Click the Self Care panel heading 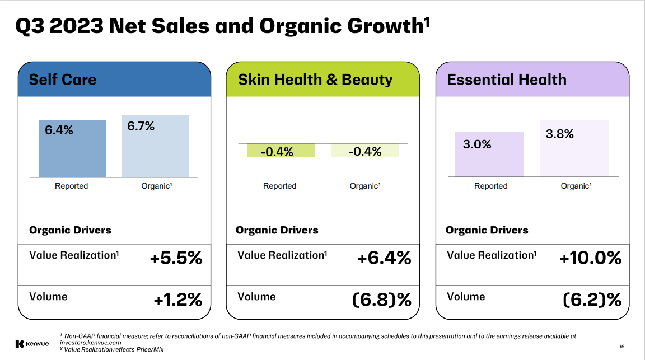pyautogui.click(x=63, y=80)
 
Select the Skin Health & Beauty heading pyautogui.click(x=315, y=80)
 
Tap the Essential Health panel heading pyautogui.click(x=507, y=80)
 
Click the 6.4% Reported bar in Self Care pyautogui.click(x=72, y=148)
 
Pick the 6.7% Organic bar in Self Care pyautogui.click(x=156, y=146)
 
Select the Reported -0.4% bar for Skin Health pyautogui.click(x=281, y=150)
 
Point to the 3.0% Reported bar pyautogui.click(x=489, y=155)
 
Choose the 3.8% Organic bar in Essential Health pyautogui.click(x=574, y=148)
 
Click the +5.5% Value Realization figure pyautogui.click(x=176, y=258)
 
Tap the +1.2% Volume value pyautogui.click(x=177, y=300)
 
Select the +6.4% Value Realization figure pyautogui.click(x=384, y=258)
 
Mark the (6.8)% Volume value pyautogui.click(x=382, y=300)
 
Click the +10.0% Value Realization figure pyautogui.click(x=591, y=258)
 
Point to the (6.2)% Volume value pyautogui.click(x=592, y=300)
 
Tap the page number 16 pyautogui.click(x=622, y=345)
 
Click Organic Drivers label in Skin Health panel pyautogui.click(x=277, y=230)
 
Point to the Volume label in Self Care pyautogui.click(x=48, y=296)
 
